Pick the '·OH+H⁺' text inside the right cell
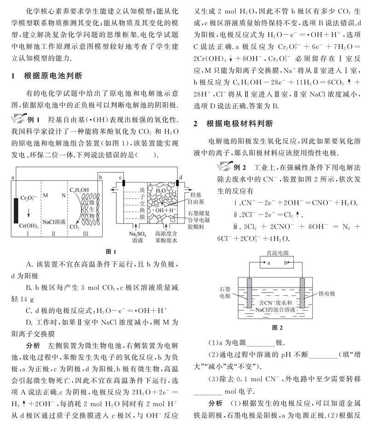point(163,210)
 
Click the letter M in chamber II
point(46,195)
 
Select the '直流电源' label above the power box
point(276,253)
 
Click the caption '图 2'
point(276,328)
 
